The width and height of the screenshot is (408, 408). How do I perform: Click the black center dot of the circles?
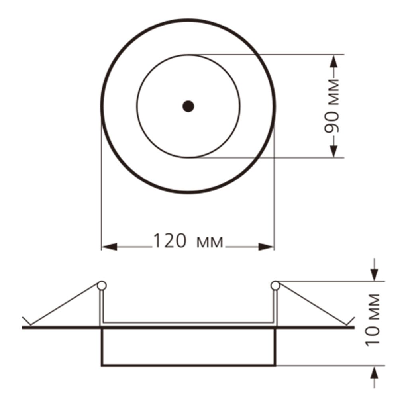188,106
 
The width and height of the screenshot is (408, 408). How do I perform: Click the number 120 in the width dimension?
170,241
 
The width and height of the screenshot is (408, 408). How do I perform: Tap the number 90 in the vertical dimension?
332,123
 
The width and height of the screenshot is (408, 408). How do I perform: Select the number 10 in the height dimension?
372,335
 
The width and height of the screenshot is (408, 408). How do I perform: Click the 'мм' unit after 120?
210,243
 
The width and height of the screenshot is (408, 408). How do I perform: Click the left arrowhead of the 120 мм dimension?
109,247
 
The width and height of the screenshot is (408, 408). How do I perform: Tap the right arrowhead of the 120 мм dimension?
266,247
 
